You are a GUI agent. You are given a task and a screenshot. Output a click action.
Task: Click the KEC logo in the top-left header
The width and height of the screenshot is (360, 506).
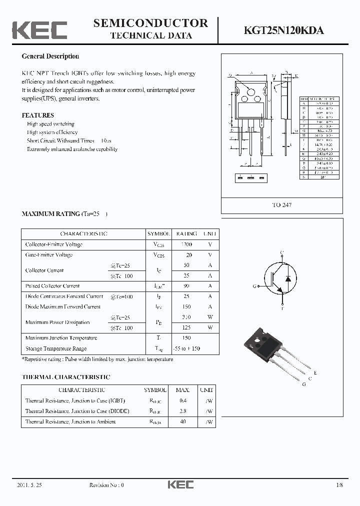[x=39, y=29]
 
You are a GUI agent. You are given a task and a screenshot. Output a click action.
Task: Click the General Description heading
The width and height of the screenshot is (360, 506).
[x=50, y=56]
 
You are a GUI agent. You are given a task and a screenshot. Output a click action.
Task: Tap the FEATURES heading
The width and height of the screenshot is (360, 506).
[x=37, y=115]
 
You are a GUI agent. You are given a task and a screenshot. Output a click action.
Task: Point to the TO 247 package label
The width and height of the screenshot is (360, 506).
[x=282, y=205]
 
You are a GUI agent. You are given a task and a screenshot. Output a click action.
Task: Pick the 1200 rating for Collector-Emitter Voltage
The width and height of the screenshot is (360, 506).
[x=186, y=244]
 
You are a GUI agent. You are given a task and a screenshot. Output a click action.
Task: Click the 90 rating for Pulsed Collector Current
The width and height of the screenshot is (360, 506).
[x=186, y=286]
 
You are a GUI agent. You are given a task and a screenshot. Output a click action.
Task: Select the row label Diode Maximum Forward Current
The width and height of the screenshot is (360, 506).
[x=63, y=306]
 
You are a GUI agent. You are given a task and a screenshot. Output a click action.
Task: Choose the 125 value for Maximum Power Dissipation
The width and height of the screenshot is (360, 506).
[x=186, y=327]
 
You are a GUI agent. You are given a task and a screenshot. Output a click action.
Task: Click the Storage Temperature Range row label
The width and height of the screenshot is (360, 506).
[x=56, y=348]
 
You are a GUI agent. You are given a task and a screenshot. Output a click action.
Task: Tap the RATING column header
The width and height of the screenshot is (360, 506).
[x=186, y=233]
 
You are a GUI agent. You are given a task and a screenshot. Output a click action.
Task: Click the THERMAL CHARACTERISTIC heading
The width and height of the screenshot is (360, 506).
[x=65, y=377]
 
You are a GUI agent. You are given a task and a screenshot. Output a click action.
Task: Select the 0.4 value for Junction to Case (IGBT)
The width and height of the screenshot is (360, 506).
[x=182, y=400]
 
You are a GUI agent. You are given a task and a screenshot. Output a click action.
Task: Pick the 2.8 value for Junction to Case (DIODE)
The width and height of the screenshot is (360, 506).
[x=182, y=411]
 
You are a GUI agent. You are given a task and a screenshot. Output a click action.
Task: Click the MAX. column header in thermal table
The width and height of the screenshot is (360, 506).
[x=182, y=390]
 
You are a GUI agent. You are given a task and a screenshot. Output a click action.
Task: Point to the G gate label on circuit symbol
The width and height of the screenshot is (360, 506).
[x=255, y=286]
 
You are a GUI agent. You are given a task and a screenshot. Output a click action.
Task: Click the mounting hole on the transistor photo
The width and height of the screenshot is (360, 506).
[x=258, y=340]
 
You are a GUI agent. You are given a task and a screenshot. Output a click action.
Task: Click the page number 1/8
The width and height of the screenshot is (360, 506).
[x=340, y=485]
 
